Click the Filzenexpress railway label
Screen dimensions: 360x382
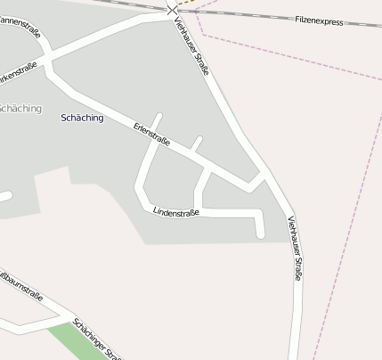point(319,20)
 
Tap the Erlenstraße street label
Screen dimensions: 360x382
point(151,134)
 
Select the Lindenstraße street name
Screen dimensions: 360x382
point(175,213)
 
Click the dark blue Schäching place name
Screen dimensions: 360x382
point(83,118)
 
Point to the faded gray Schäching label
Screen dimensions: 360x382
point(20,109)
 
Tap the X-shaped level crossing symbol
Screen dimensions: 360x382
point(172,11)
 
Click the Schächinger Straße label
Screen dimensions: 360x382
point(98,340)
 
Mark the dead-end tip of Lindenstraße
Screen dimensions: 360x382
point(261,234)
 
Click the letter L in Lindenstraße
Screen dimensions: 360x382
point(155,211)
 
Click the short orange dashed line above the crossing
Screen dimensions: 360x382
point(185,3)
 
